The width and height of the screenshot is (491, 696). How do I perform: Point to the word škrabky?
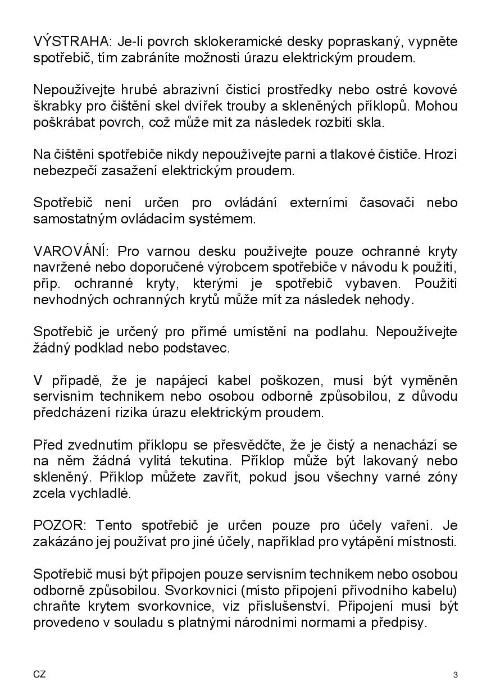[x=55, y=107]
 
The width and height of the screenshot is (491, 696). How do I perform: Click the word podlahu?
[x=340, y=332]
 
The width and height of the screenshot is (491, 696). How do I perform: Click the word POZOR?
[x=58, y=526]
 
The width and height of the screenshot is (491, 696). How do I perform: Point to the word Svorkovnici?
[x=190, y=590]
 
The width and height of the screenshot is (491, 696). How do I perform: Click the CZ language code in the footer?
[x=39, y=674]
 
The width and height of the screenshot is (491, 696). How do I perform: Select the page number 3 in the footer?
[x=455, y=675]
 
